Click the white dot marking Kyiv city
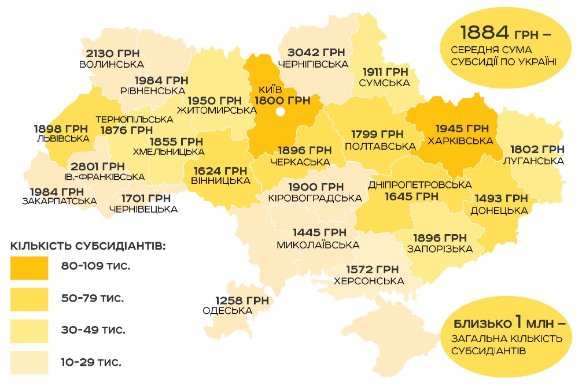click(282, 112)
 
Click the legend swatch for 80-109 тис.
click(30, 268)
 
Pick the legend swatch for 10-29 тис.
click(30, 362)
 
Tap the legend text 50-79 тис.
click(93, 299)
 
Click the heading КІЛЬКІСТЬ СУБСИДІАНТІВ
click(89, 246)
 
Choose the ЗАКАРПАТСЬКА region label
click(59, 201)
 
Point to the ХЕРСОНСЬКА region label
click(369, 281)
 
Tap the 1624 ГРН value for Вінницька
click(220, 170)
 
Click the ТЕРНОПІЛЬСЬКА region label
click(134, 119)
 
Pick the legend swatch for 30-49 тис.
click(30, 331)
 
